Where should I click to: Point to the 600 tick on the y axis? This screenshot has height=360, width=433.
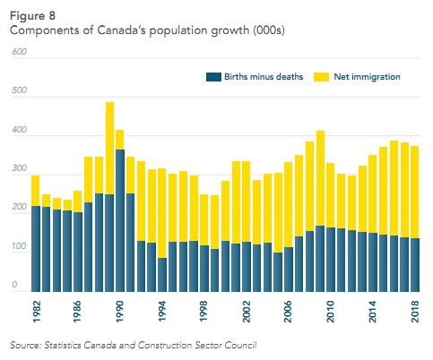[x=19, y=54]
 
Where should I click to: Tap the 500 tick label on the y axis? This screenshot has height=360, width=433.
[x=19, y=93]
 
